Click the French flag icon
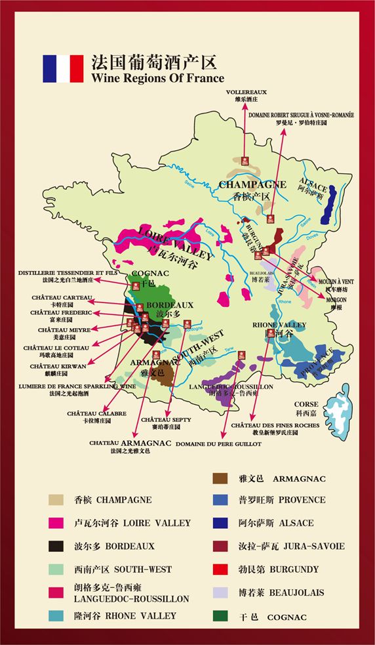coord(63,69)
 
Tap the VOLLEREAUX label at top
coord(246,92)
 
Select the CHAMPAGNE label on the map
coord(252,184)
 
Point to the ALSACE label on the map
coord(313,181)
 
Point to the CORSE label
coord(306,405)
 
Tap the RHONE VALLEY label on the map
coord(279,325)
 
